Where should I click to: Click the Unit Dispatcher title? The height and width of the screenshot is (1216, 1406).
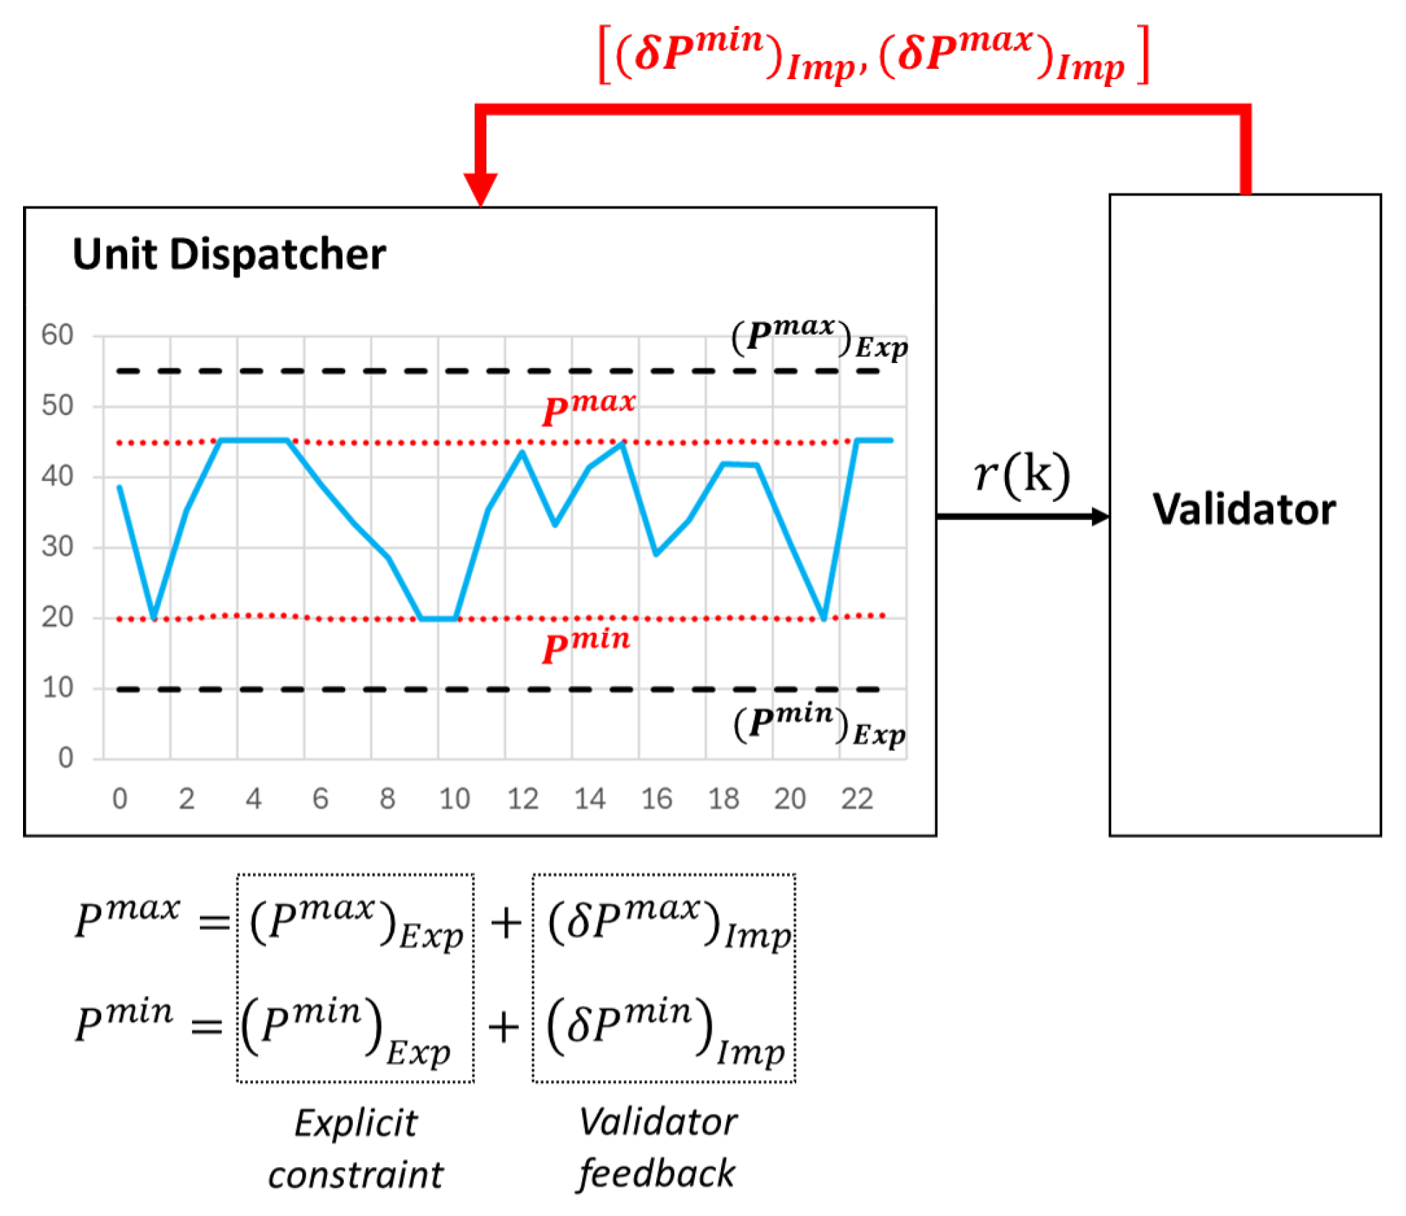[229, 255]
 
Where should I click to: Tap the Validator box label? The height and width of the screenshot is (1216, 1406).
[1244, 509]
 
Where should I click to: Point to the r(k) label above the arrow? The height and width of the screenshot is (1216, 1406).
[1021, 475]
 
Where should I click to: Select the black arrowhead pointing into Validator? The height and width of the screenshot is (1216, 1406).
[1100, 516]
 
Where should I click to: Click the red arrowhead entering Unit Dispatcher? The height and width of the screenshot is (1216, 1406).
[480, 190]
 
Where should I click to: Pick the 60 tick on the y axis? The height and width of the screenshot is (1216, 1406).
[58, 335]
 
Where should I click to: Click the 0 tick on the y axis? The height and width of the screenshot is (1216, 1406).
[65, 758]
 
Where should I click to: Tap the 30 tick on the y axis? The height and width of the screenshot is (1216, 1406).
[58, 547]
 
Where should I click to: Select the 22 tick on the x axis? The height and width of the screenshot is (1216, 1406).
[857, 799]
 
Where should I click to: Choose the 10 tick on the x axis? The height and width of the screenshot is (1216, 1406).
[454, 799]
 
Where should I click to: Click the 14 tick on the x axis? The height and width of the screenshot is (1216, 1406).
[589, 799]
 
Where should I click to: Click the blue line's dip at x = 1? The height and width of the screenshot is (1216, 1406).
[153, 617]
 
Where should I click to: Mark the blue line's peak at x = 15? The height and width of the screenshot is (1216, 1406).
[622, 444]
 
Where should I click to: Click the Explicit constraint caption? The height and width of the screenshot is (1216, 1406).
[356, 1148]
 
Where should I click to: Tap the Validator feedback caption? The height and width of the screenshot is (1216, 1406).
[657, 1148]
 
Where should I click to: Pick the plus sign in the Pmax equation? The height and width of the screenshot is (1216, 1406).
[505, 923]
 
